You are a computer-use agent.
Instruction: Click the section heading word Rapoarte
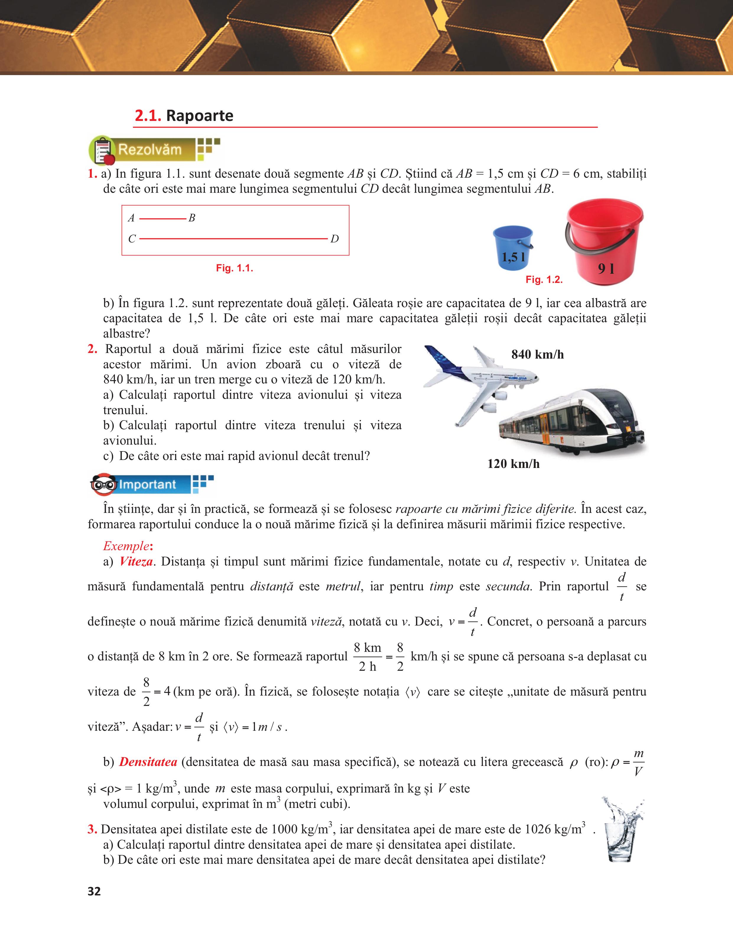coord(199,116)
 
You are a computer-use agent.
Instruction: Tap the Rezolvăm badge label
coord(150,150)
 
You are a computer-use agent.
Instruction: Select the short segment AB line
coord(162,219)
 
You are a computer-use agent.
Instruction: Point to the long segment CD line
coord(233,238)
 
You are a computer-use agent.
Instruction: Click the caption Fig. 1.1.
coord(234,268)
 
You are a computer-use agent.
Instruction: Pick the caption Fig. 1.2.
coord(544,280)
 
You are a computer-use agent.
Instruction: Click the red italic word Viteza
coord(136,561)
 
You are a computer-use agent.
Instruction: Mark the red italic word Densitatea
coord(148,762)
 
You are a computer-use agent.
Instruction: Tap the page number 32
coord(94,891)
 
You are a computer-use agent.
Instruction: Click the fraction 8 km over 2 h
coord(367,657)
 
